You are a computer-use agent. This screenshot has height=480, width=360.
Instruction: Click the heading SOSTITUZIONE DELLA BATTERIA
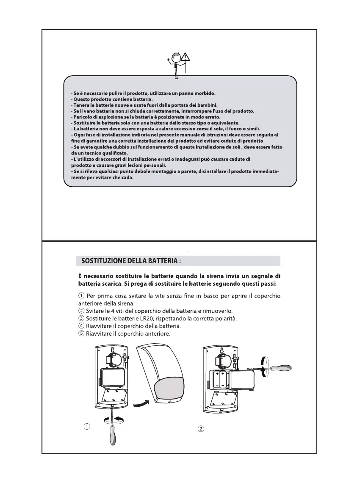tap(131, 261)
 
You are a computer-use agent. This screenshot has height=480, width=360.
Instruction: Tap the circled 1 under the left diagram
tap(86, 427)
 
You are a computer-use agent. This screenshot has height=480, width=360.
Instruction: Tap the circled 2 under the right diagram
tap(201, 429)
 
